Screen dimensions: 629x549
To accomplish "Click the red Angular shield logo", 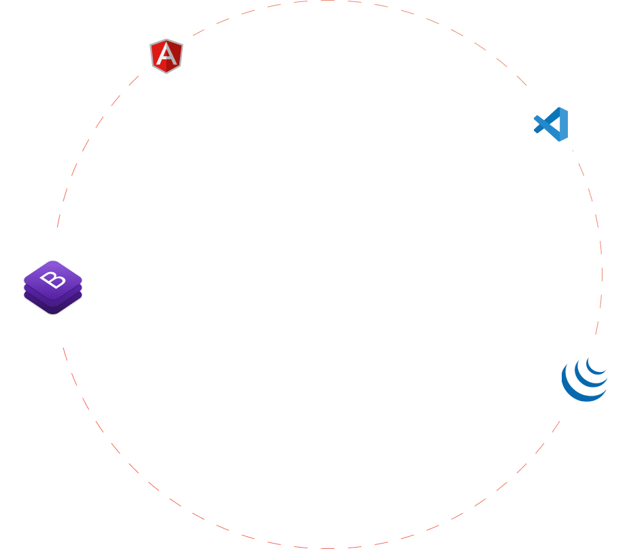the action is (166, 56).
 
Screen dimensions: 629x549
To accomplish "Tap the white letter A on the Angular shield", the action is (166, 54).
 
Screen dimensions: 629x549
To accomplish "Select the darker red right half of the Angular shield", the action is (174, 56).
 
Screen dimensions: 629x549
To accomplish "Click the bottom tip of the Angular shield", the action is (166, 73).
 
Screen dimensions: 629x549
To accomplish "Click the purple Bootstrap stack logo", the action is (53, 287).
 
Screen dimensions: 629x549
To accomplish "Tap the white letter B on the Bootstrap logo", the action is (52, 280).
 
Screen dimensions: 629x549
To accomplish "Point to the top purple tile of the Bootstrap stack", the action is (53, 280).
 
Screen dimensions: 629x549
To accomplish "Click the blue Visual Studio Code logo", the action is (551, 124).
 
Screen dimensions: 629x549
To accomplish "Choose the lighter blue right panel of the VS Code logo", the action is (564, 124).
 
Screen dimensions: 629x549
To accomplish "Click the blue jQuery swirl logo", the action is (584, 379).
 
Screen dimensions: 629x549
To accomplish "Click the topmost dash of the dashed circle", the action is (327, 1).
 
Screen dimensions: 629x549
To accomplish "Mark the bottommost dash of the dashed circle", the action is (327, 548).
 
